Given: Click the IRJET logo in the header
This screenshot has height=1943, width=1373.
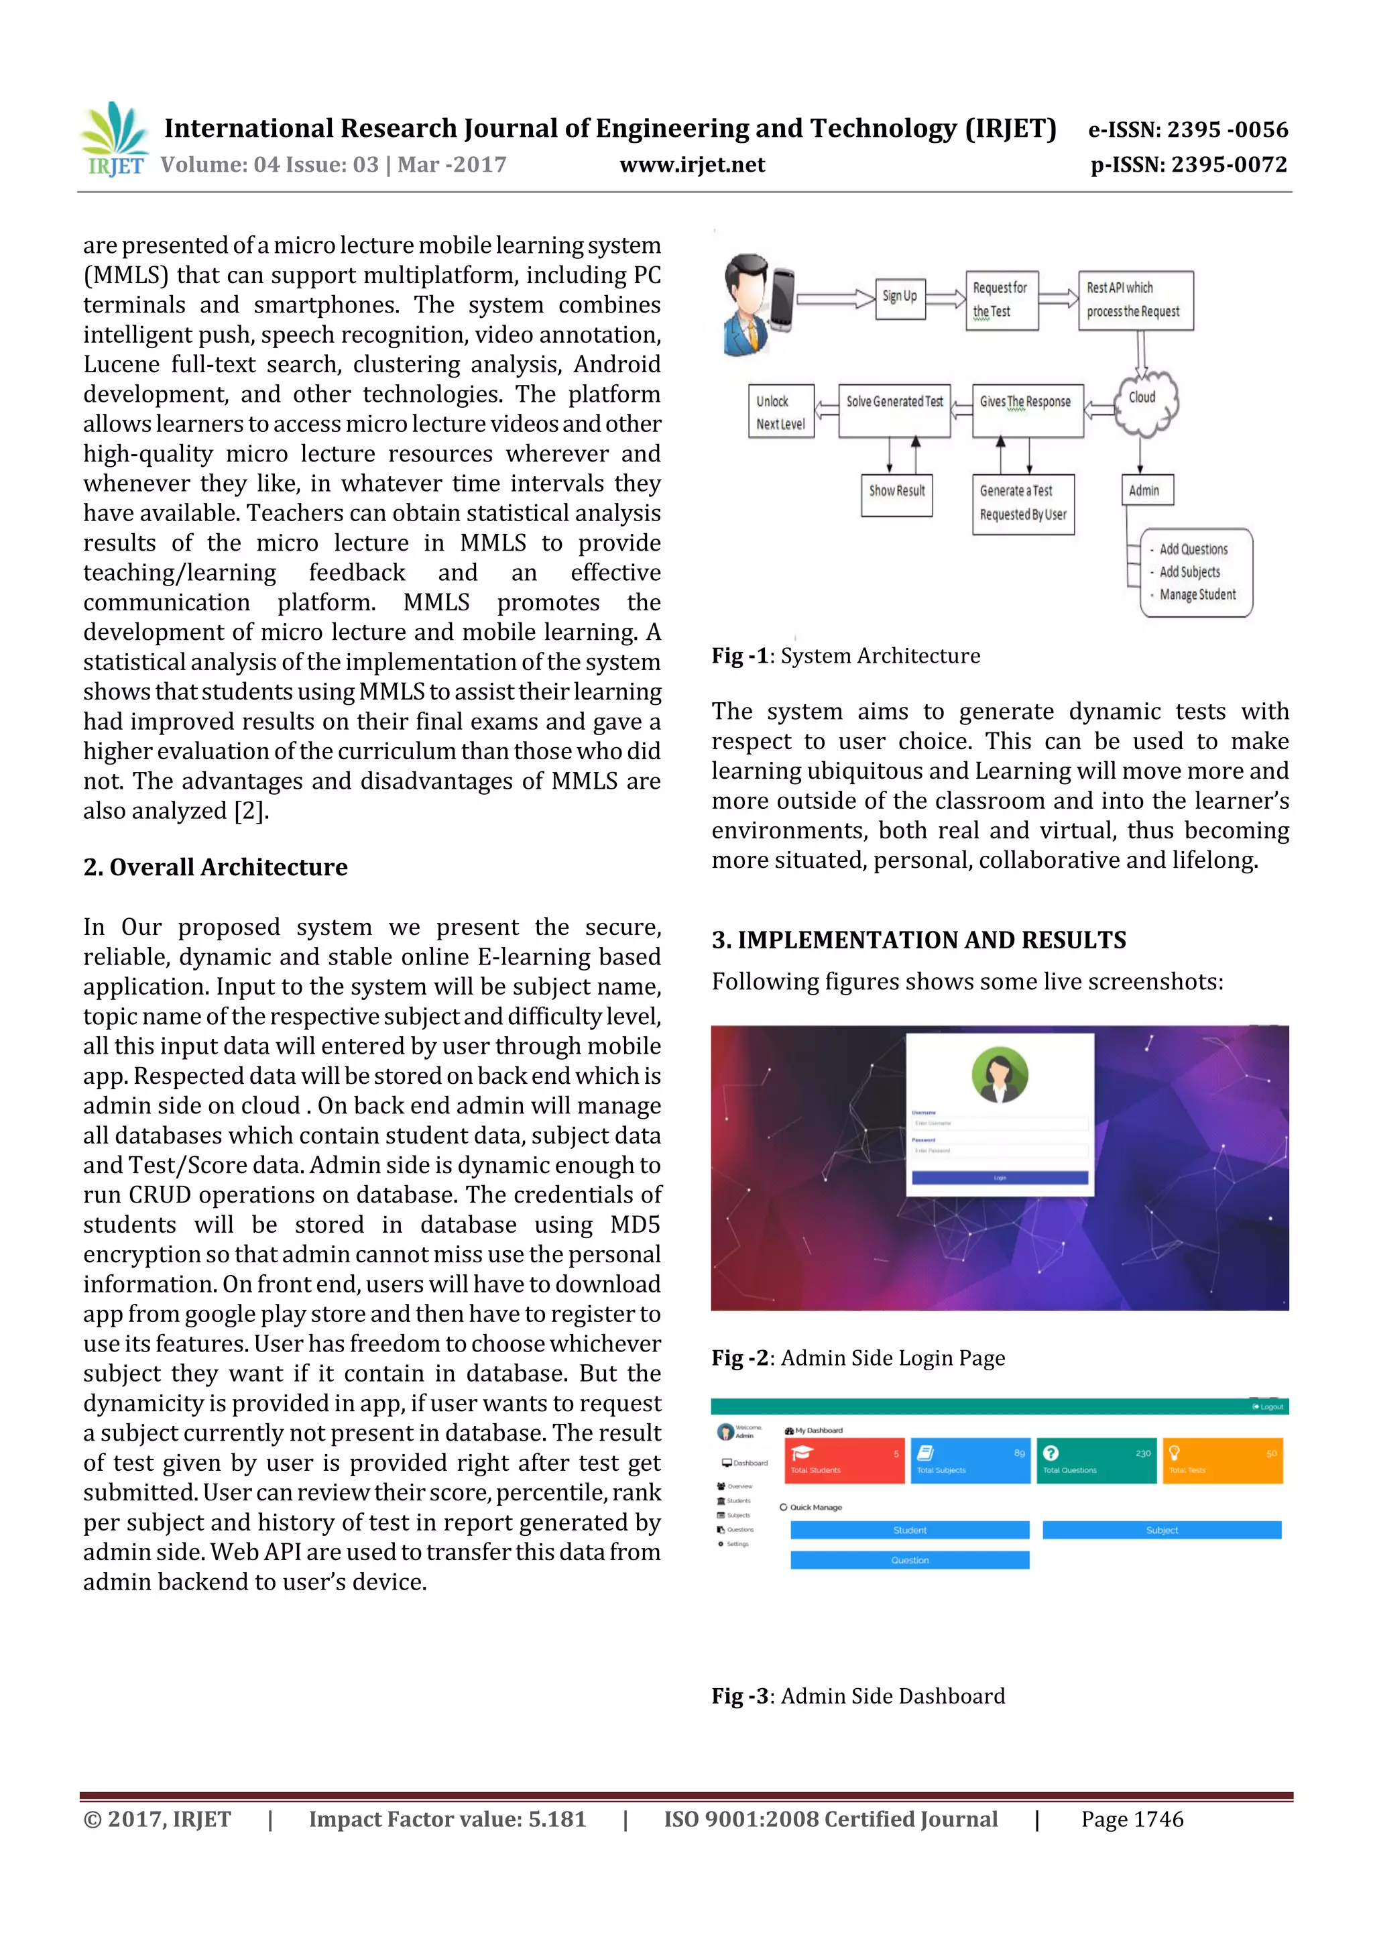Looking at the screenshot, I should [x=114, y=139].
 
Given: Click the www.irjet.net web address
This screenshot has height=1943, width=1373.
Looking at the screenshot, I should [x=692, y=165].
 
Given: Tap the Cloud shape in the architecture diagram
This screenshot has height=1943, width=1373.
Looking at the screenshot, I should [x=1143, y=402].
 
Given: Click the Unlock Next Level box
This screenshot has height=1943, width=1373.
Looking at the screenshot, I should [x=780, y=412].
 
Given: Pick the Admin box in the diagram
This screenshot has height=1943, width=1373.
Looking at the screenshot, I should [x=1146, y=490].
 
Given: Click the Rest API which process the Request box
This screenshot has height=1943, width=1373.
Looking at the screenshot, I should [x=1135, y=300].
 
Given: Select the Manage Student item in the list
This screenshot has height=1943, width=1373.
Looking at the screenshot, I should [x=1197, y=595].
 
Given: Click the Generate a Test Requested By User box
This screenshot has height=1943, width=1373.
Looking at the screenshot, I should [x=1023, y=504].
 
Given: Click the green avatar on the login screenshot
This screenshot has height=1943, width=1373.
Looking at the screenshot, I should [x=1000, y=1074].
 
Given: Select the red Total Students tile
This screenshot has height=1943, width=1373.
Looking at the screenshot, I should [x=843, y=1461].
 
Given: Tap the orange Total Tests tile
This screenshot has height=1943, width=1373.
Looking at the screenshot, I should [x=1221, y=1461].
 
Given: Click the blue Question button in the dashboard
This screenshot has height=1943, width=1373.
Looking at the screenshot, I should [x=910, y=1559].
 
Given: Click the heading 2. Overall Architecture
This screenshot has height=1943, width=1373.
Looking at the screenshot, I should [x=216, y=867].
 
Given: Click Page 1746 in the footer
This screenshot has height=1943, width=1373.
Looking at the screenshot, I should [x=1132, y=1820].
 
